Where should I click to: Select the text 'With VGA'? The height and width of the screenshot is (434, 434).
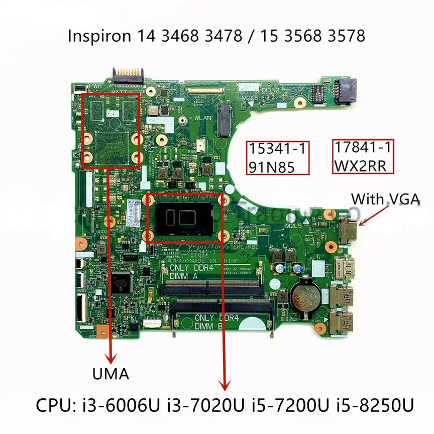pyautogui.click(x=385, y=199)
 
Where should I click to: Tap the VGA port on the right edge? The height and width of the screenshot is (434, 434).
pyautogui.click(x=346, y=231)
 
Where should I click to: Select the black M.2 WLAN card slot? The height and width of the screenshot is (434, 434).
pyautogui.click(x=224, y=121)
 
